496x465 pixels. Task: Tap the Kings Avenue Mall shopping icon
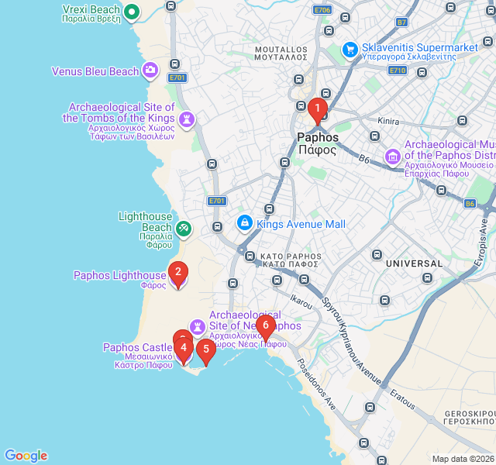244,223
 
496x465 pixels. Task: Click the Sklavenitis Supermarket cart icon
350,49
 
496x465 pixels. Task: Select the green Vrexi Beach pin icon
132,11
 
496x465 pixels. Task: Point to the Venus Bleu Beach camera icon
151,71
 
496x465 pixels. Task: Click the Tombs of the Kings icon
186,119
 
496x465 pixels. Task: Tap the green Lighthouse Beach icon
183,228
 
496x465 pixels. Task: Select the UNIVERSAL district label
414,263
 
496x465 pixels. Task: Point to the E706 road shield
322,9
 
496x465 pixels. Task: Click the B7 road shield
401,22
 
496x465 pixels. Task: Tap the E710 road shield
398,71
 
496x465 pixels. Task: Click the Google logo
26,456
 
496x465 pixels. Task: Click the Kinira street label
387,122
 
